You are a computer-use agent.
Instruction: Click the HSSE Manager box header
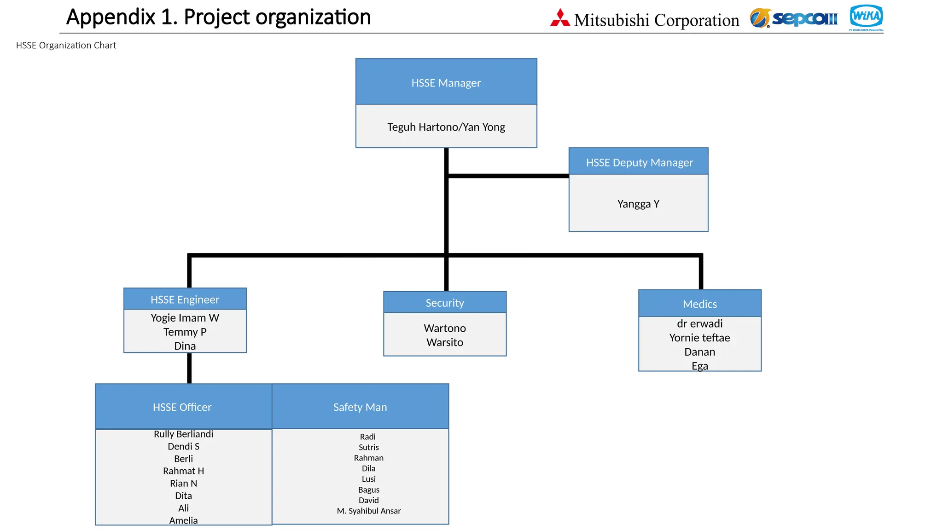point(446,83)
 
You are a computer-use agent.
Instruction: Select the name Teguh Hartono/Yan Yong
point(446,127)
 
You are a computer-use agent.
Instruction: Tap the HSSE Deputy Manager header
point(639,162)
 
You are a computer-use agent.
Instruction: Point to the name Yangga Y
point(638,204)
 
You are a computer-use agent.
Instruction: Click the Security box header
point(445,303)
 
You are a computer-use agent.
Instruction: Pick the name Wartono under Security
point(445,328)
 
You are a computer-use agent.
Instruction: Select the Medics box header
point(699,304)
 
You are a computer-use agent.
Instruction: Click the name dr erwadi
point(699,323)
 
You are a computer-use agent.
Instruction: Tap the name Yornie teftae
point(699,338)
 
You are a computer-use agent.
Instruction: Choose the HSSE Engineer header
point(185,300)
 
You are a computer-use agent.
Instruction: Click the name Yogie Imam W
point(185,318)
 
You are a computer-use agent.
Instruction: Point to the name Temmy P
point(185,332)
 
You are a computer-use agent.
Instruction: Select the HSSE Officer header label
point(182,407)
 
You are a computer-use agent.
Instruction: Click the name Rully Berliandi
point(183,434)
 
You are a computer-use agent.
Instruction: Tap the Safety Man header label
point(360,407)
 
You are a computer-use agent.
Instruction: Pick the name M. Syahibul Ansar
point(369,511)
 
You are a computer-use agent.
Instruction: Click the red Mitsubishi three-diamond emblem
point(560,18)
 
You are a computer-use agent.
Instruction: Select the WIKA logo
point(866,17)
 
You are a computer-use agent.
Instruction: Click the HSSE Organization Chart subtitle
point(66,45)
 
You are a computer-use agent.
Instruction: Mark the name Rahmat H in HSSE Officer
point(183,471)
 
